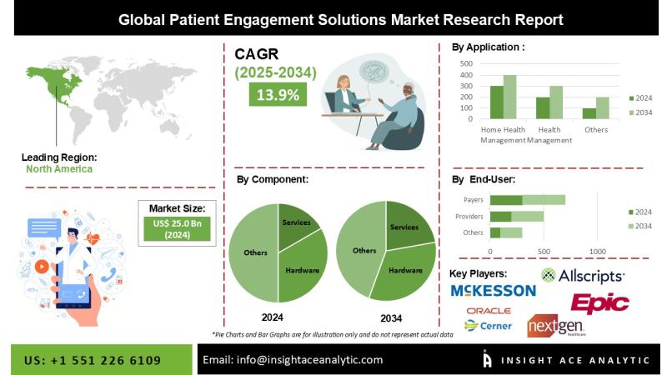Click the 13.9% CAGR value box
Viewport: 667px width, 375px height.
pos(278,94)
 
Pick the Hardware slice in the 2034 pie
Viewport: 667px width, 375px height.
pos(404,271)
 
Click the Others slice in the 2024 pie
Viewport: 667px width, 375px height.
pos(253,252)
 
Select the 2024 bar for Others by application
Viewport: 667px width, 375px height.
pos(589,113)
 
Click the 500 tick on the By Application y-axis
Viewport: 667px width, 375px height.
pos(466,63)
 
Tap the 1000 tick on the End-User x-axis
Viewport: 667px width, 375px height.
pos(597,251)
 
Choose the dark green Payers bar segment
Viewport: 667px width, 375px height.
pos(506,200)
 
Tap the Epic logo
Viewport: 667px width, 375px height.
pos(599,302)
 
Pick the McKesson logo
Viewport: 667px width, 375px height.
pos(493,290)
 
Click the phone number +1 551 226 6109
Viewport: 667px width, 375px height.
pos(93,359)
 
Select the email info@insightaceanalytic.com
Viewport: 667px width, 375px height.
pos(293,359)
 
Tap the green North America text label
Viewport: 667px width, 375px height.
pos(58,168)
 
